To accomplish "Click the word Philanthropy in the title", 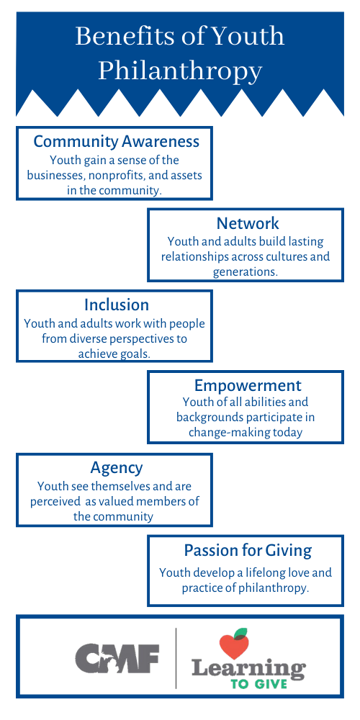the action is (x=180, y=71).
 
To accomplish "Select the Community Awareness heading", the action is (x=117, y=141).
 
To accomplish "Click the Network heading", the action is (x=248, y=223).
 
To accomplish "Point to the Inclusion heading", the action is (x=117, y=305).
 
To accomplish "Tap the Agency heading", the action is (x=117, y=468).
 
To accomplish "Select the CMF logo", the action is (x=117, y=657).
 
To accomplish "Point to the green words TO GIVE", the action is (x=259, y=684).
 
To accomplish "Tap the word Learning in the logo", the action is (x=248, y=668).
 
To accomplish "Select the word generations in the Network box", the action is (x=246, y=271).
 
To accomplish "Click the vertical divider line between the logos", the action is (x=176, y=658).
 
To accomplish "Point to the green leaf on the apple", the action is (x=240, y=634).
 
